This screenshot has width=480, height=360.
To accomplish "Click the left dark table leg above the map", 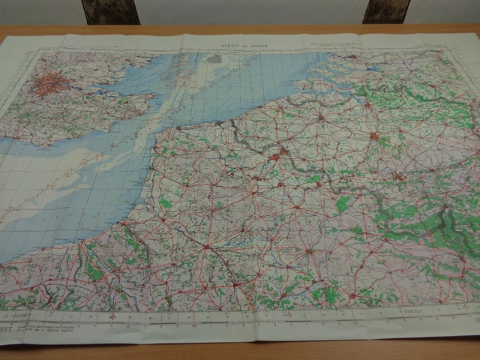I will [x=111, y=11].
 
